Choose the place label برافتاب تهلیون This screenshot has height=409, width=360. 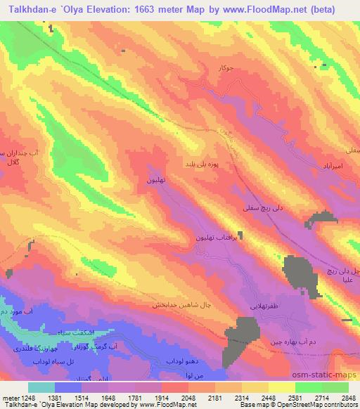(220, 238)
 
